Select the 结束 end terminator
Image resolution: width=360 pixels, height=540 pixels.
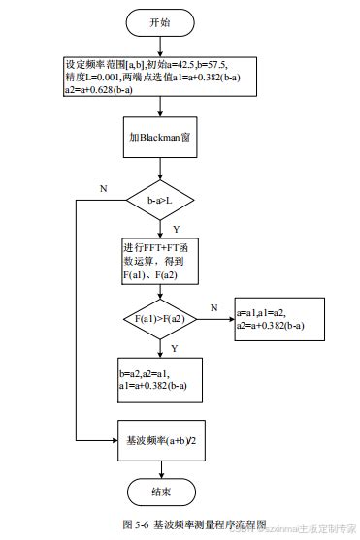[162, 492]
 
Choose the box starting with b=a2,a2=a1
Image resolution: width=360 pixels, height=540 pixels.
[159, 379]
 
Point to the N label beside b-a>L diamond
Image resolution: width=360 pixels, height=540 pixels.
[104, 188]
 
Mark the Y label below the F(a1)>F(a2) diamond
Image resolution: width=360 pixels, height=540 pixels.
[174, 346]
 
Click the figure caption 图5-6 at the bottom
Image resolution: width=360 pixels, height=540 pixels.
[180, 524]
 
